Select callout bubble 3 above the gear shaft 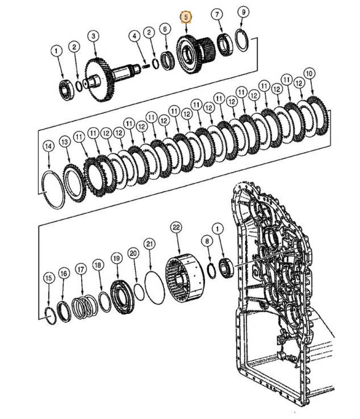point(93,36)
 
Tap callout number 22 point(176,227)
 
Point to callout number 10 point(309,73)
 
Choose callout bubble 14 point(49,146)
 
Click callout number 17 point(80,269)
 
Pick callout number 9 point(243,12)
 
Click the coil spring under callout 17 point(85,307)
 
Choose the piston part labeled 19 point(123,297)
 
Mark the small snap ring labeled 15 point(51,316)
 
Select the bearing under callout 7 point(226,44)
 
